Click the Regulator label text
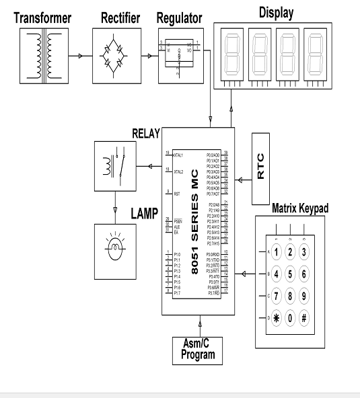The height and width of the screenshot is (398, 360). tap(178, 18)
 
